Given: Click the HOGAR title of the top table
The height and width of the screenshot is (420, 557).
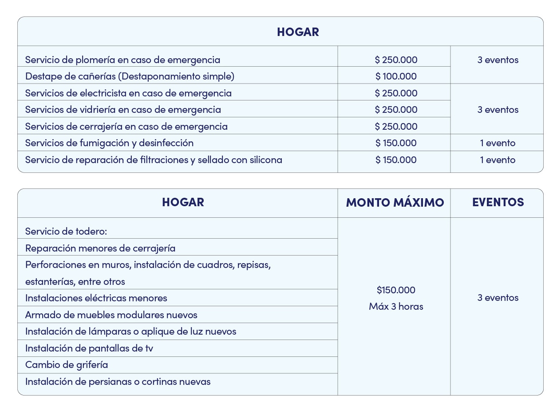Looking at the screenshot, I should tap(298, 32).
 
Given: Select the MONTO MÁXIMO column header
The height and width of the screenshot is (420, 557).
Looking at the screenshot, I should tap(395, 203).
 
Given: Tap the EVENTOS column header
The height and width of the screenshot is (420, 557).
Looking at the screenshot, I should tap(498, 202).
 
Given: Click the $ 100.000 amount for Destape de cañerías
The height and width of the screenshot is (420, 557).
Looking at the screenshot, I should tap(396, 76).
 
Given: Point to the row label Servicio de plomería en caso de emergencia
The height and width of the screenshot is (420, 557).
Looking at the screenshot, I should tap(122, 60).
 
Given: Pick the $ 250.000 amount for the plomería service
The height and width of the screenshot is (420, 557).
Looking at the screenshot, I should tap(396, 60).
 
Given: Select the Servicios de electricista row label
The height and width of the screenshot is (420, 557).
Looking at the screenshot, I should tap(128, 93).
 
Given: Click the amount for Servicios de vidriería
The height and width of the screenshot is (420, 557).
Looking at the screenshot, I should tap(396, 110).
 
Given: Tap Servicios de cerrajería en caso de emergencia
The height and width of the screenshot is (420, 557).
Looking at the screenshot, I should tap(126, 127).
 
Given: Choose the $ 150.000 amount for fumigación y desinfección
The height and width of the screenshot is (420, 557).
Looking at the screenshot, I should tap(396, 143).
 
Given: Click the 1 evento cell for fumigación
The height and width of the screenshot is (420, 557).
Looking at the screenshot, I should tap(498, 143).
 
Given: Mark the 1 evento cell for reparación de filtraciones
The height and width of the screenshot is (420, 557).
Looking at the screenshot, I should tap(498, 160).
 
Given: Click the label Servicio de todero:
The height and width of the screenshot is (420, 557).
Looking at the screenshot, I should tap(66, 232).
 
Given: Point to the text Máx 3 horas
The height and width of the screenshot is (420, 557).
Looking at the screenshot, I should tap(396, 307).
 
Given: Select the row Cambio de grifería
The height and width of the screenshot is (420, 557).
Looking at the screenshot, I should tap(67, 365).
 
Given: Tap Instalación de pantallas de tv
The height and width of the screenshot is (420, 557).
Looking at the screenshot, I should tap(89, 348).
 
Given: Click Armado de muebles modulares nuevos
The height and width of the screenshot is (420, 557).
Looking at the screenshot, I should tap(111, 315).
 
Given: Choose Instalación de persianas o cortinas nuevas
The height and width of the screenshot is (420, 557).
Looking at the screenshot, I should tap(118, 382).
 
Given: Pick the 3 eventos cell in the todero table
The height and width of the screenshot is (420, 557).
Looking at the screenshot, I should tap(498, 298).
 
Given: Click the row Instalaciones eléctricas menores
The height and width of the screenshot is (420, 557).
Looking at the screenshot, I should tap(96, 298).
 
